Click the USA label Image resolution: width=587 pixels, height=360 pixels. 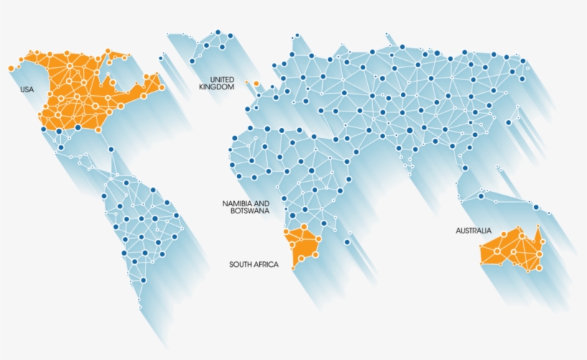click(x=26, y=89)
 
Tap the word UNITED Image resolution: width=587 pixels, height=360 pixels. click(x=222, y=79)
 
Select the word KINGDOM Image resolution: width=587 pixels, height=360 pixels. click(x=217, y=87)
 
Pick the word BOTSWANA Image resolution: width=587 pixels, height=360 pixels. click(x=250, y=211)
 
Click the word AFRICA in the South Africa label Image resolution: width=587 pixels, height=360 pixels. click(x=268, y=265)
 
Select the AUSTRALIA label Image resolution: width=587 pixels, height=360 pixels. click(x=473, y=230)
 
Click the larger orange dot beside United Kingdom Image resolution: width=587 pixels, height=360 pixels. click(x=256, y=84)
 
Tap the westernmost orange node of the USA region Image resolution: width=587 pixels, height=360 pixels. click(x=11, y=68)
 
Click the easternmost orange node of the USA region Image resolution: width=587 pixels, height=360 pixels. click(x=162, y=87)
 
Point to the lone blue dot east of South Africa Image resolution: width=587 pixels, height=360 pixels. click(x=347, y=242)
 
